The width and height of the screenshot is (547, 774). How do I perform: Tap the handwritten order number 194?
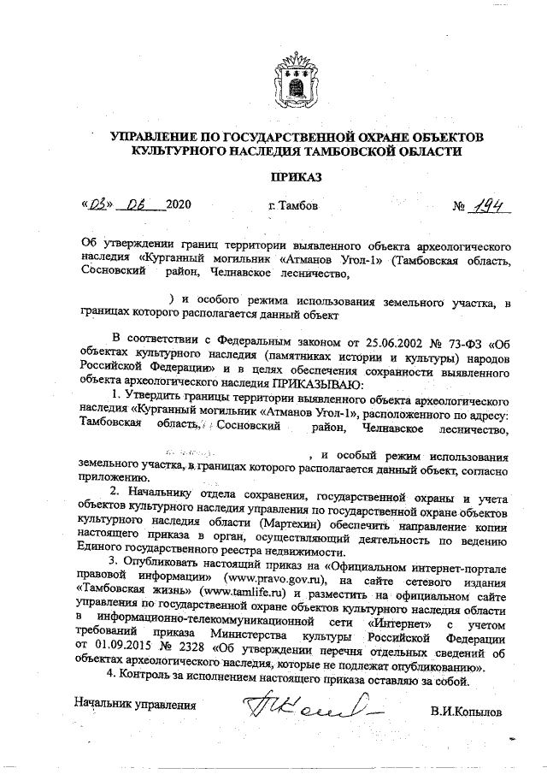coord(488,206)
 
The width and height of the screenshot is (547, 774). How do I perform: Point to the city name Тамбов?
coord(293,207)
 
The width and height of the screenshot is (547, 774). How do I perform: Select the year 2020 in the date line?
coord(179,207)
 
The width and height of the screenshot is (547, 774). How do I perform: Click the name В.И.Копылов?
coord(467,710)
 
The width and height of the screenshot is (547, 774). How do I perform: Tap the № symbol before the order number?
coord(457,208)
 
